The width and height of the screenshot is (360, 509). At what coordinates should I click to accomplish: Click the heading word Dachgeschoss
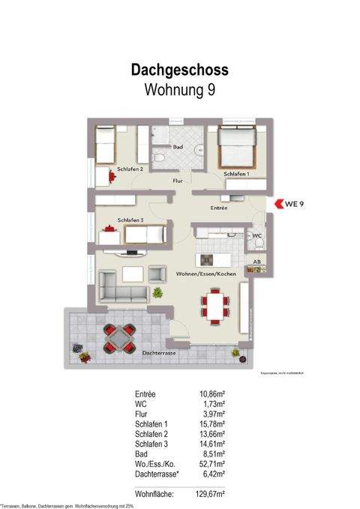tap(179, 70)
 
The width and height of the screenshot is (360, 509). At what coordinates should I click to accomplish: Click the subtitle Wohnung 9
tap(179, 91)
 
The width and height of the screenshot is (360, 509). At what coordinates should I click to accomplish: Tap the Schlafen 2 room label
tap(130, 169)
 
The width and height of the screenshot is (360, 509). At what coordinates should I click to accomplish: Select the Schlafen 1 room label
tap(236, 174)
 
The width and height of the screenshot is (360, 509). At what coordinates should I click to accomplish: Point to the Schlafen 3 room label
tap(130, 220)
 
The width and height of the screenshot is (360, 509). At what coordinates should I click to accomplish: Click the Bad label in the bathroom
tap(178, 148)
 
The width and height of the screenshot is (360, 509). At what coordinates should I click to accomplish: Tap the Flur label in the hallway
tap(178, 181)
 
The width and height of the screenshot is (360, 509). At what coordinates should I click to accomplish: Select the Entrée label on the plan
tap(219, 208)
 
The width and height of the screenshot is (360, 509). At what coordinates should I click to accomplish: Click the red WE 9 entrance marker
tap(288, 202)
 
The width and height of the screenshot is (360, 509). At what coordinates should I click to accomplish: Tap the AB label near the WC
tap(256, 262)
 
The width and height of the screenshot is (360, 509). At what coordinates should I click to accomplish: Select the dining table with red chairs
tap(214, 307)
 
